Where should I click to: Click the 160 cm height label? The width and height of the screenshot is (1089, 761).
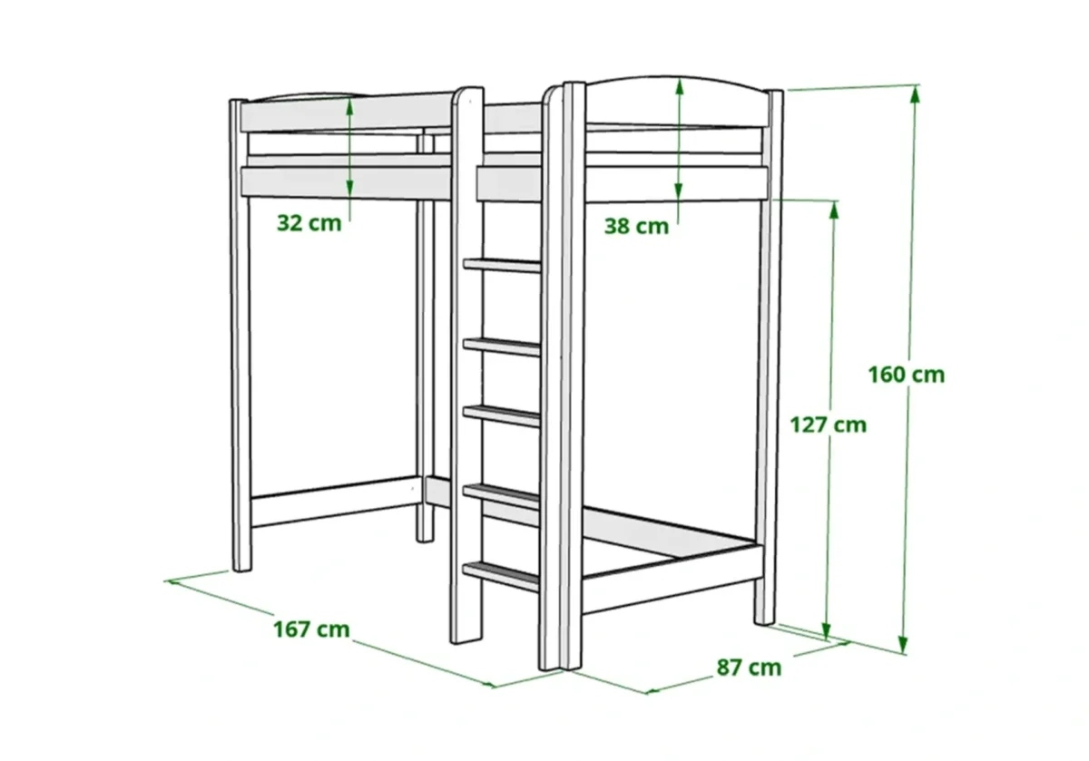[x=906, y=374]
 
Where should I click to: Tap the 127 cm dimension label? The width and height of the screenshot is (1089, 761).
[x=828, y=424]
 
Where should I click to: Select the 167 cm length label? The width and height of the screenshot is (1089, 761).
[x=311, y=629]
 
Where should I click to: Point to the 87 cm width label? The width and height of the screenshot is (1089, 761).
[x=749, y=668]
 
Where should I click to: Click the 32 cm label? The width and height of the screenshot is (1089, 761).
[x=309, y=223]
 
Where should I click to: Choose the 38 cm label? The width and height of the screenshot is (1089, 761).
[x=636, y=226]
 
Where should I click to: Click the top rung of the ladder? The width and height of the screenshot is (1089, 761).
[x=502, y=265]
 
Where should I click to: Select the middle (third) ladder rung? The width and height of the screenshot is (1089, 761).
[x=502, y=415]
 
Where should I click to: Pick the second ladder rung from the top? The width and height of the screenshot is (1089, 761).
[x=502, y=345]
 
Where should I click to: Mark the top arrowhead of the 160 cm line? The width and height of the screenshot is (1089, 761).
[x=915, y=93]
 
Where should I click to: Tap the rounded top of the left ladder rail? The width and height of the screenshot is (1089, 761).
[x=467, y=93]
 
